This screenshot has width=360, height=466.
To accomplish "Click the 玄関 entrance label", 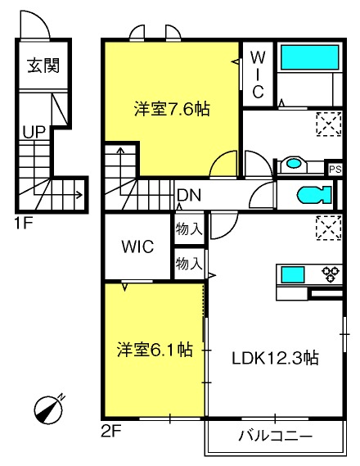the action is click(43, 66).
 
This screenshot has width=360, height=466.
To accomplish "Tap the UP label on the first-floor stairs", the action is click(34, 132).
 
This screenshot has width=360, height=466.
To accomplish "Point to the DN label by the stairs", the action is click(189, 195).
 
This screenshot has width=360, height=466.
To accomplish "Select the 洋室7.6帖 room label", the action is click(172, 109).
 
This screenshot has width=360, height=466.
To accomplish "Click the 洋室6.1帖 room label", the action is click(155, 350).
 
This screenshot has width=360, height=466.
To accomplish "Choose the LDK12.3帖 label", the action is click(275, 358).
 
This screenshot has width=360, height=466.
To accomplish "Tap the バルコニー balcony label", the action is click(276, 436).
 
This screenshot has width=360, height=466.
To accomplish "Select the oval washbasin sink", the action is click(293, 163).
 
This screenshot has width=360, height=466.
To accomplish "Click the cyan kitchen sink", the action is click(293, 274).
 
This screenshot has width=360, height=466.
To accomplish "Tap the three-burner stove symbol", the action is click(331, 274).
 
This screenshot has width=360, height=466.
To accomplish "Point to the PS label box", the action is click(335, 170).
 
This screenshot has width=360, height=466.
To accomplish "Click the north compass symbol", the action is click(48, 409).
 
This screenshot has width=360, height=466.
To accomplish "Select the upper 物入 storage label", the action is click(189, 229).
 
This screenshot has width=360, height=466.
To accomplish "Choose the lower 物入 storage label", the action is click(189, 264).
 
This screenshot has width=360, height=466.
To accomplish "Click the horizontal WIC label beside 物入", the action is click(137, 246).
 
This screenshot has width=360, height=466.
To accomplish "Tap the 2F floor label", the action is click(110, 432).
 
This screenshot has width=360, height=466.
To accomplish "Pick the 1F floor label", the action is click(24, 223).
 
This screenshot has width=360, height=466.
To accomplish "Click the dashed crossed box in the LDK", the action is click(329, 228).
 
